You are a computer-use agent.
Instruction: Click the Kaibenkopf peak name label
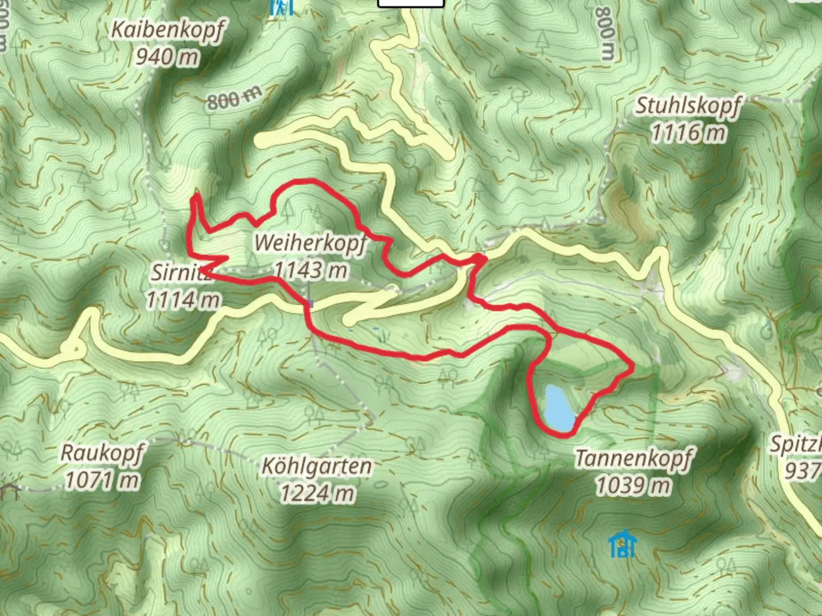point(167,30)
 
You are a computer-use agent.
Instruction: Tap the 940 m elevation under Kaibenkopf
point(167,56)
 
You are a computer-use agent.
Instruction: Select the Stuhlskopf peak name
point(688,106)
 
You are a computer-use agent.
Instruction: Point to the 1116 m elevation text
point(688,133)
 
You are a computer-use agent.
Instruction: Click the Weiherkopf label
point(310,243)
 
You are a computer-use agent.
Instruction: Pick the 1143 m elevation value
point(311,270)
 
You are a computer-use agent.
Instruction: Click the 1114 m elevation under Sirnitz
point(183,299)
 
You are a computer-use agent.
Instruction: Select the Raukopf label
point(102,453)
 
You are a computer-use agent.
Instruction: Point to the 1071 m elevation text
point(102,480)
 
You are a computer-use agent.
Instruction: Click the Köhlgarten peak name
point(316,467)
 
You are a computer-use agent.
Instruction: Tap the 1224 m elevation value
point(317,493)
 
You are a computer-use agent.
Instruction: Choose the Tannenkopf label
point(634,459)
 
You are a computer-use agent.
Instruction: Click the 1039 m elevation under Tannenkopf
point(634,486)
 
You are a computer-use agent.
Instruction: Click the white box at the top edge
point(410,3)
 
